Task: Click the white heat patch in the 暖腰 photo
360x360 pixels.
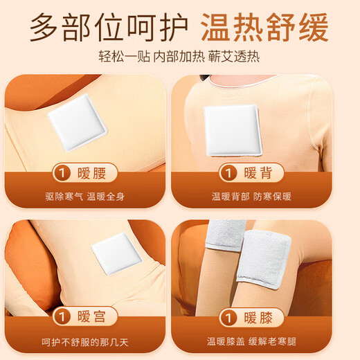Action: coord(78,122)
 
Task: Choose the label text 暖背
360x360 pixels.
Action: coord(260,172)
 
